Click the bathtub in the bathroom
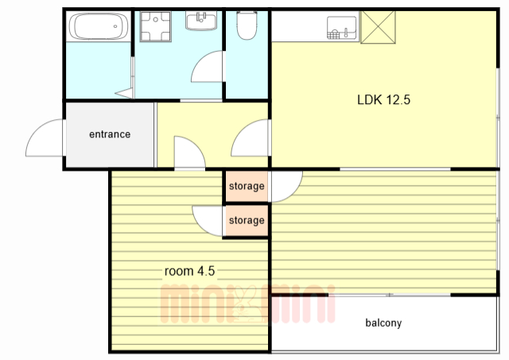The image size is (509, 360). [x=99, y=26]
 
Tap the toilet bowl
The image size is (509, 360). [x=247, y=25]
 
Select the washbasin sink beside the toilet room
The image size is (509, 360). [x=201, y=21]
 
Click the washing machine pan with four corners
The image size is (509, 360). [x=156, y=26]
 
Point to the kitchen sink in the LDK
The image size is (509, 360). [x=341, y=28]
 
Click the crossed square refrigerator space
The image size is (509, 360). [x=379, y=27]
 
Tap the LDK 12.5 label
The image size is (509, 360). [x=383, y=99]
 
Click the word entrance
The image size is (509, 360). [x=110, y=134]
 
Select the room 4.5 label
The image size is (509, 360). [x=189, y=271]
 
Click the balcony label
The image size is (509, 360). [x=383, y=323]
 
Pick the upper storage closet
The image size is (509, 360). [x=247, y=186]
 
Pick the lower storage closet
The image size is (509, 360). [x=247, y=221]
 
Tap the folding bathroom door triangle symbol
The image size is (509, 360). [x=125, y=93]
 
